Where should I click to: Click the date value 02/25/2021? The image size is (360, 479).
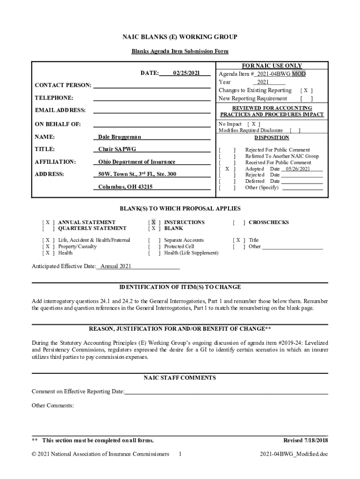[186, 73]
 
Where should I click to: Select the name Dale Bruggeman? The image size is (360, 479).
[119, 137]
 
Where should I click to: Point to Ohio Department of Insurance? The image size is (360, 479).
[137, 162]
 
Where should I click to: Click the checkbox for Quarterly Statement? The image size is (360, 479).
[48, 228]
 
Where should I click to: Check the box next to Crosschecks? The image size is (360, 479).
[238, 222]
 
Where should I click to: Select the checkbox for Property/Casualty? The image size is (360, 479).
[48, 247]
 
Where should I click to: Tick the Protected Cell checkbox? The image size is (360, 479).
[153, 247]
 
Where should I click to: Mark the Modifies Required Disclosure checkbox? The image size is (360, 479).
[295, 131]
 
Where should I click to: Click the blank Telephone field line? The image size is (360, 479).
[151, 98]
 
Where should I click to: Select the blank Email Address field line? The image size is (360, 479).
[151, 110]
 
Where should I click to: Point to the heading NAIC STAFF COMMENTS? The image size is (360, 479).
[180, 377]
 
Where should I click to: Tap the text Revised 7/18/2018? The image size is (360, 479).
[306, 440]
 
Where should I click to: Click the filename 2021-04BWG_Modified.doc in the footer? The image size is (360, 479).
[294, 454]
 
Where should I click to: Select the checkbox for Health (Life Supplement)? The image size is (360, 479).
[153, 253]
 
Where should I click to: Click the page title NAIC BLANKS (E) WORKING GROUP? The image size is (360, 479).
[180, 37]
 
